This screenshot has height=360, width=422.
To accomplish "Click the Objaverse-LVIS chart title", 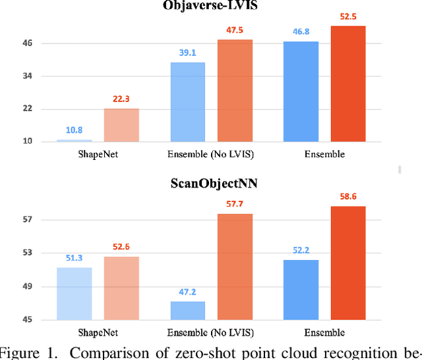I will tap(210, 6).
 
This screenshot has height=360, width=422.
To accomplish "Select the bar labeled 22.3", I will tap(121, 125).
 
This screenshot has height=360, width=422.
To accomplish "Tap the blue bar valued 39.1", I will tap(188, 102).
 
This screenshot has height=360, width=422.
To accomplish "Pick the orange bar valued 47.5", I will tap(235, 91).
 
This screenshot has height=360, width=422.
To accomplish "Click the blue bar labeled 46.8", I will tap(301, 91).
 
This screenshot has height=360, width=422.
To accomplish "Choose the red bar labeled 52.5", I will tap(347, 84).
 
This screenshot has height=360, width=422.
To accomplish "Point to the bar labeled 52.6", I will tap(121, 288).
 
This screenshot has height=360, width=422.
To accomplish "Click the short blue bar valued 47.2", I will tap(188, 311).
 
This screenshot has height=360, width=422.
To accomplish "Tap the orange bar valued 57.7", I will tap(235, 267).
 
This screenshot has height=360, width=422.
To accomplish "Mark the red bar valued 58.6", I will tap(347, 263).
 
